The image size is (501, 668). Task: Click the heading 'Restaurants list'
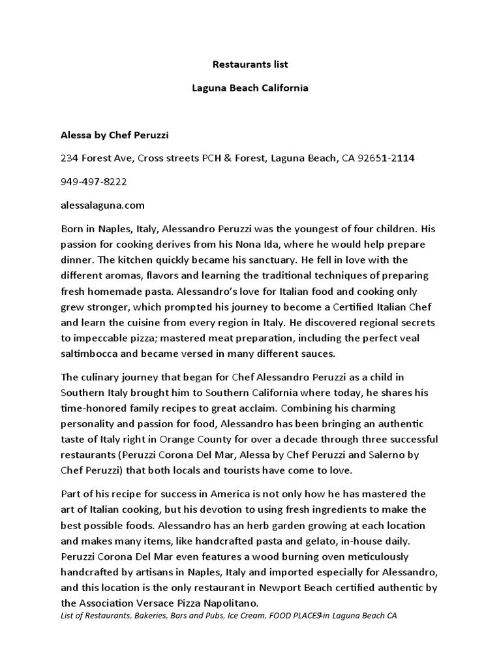tap(250, 65)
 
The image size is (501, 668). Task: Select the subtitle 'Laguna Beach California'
tap(250, 87)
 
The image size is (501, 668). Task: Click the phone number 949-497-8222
tap(93, 181)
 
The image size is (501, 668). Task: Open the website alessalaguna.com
tap(102, 205)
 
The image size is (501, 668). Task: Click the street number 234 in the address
tap(69, 159)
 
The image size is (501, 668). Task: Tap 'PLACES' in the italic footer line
tap(303, 616)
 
